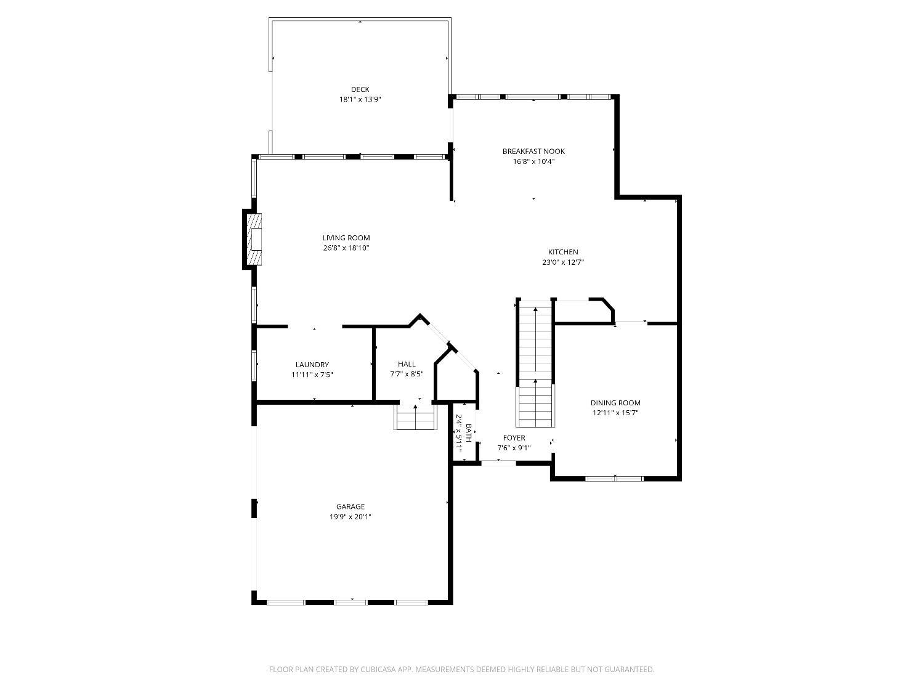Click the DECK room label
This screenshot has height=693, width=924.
[360, 89]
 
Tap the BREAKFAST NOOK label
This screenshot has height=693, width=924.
[533, 152]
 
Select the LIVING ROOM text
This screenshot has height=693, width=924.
[346, 238]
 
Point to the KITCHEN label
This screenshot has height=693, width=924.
[563, 252]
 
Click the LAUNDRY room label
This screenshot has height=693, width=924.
[312, 365]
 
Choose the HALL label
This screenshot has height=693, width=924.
[407, 364]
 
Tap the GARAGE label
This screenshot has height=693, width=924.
[351, 506]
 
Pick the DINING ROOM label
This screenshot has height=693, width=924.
[615, 403]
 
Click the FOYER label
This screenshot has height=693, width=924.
[514, 437]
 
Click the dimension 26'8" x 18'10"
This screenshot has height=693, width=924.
[346, 248]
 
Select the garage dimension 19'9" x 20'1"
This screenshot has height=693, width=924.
[351, 517]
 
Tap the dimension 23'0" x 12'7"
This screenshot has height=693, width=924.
[563, 262]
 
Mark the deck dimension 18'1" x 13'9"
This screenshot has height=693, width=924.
[360, 99]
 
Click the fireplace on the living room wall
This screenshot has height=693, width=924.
[253, 239]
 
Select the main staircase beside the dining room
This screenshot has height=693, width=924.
[535, 362]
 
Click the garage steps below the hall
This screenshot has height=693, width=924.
[415, 417]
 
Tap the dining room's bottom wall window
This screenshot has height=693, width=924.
[615, 479]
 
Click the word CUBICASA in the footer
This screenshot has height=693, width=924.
[378, 669]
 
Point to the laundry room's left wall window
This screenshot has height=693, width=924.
[254, 366]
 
